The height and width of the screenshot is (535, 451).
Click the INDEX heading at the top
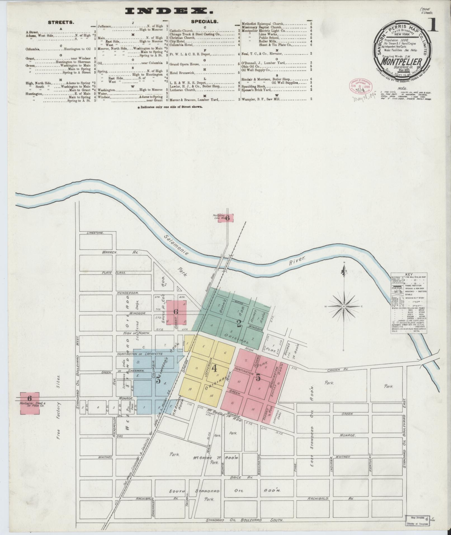[169, 11]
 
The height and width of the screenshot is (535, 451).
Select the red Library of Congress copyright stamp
[360, 87]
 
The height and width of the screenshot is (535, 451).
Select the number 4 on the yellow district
[214, 368]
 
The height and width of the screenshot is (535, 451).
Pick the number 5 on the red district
[258, 378]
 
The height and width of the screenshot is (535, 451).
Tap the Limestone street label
[95, 233]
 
